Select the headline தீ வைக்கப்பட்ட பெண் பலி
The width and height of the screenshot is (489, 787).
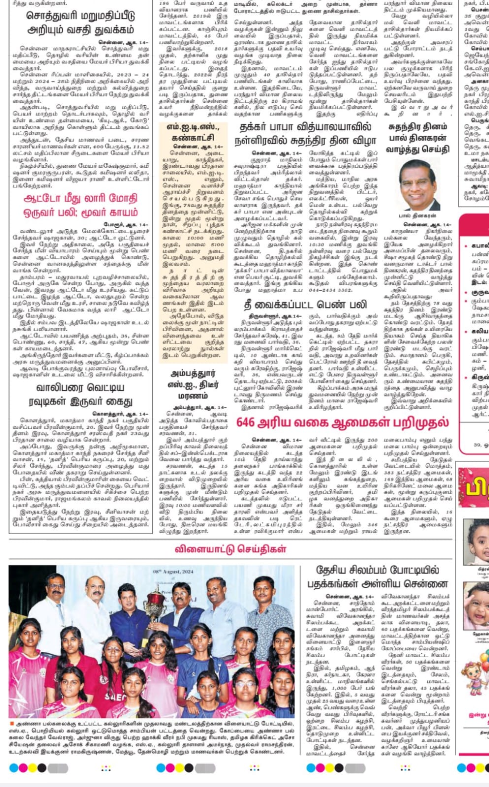point(305,305)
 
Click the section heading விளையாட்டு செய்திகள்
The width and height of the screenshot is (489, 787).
point(230,549)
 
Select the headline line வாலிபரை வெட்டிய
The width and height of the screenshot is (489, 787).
point(76,388)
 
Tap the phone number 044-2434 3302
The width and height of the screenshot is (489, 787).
point(331,290)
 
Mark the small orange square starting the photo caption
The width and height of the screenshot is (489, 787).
point(12,724)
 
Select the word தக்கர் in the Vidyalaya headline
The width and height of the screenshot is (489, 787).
point(258,127)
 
